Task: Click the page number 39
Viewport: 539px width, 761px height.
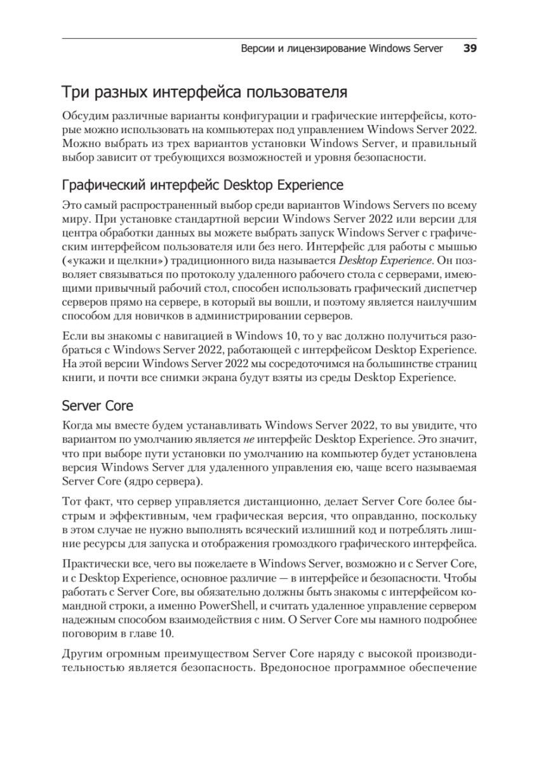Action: [x=470, y=49]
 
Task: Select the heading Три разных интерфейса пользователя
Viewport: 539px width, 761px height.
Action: [x=204, y=93]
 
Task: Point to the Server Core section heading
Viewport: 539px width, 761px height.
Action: [x=97, y=404]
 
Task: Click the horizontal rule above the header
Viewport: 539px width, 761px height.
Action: [x=269, y=37]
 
